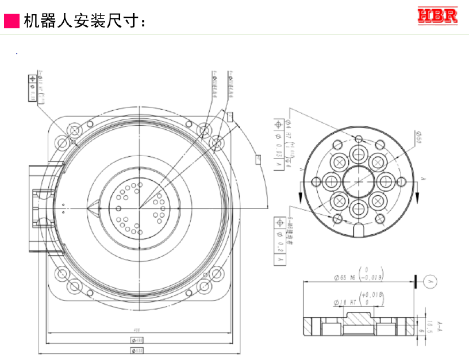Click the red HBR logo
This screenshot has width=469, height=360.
click(437, 16)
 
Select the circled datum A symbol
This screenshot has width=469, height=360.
click(429, 281)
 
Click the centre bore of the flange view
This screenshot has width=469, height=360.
click(359, 181)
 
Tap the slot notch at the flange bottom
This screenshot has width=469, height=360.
click(359, 228)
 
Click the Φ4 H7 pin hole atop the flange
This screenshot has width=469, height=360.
click(359, 138)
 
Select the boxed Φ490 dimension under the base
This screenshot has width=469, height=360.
click(137, 339)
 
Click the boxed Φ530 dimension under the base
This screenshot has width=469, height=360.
click(137, 350)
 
